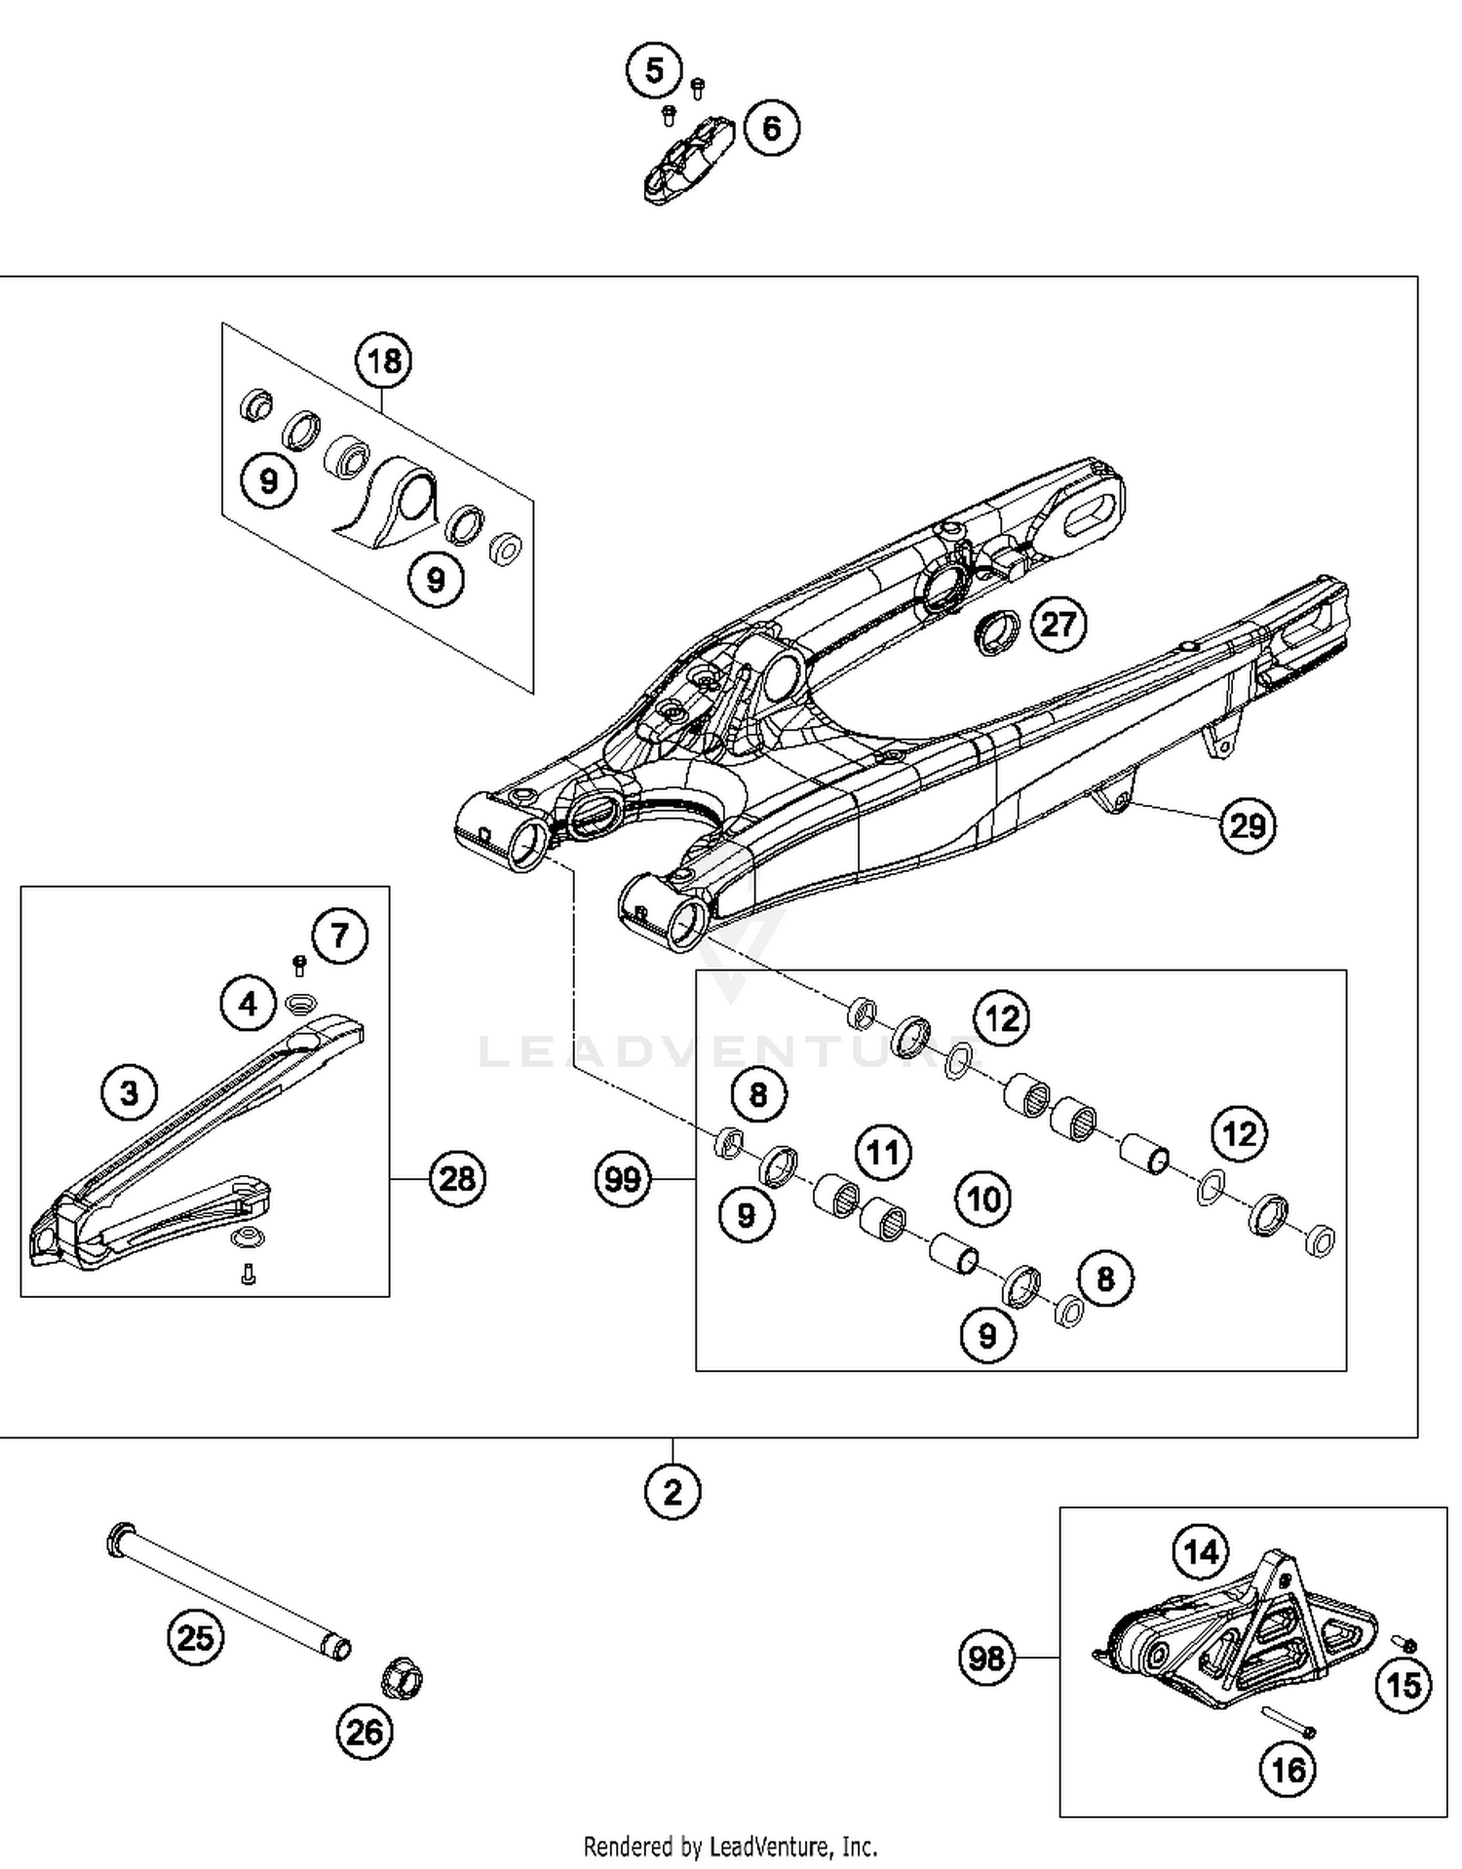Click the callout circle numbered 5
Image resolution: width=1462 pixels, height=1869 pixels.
654,70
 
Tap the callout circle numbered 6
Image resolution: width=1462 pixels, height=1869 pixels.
771,128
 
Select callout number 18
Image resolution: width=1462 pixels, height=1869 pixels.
383,362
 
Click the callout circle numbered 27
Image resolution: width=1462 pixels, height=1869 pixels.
1058,624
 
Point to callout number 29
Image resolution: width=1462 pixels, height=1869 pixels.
1248,825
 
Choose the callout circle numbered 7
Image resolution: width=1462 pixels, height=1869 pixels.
339,936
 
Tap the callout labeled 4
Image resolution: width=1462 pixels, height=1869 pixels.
249,1003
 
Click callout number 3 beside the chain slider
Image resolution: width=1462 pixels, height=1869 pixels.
130,1092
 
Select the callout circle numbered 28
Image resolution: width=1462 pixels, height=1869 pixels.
457,1179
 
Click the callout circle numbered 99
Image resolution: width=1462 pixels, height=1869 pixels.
623,1180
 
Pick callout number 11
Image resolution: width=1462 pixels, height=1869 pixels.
883,1153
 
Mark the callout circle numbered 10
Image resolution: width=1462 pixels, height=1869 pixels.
983,1199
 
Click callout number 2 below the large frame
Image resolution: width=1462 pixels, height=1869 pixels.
673,1491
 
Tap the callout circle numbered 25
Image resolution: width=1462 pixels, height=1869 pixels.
196,1637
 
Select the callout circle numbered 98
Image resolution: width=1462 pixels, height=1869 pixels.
987,1657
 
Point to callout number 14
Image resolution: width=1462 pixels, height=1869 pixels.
1201,1550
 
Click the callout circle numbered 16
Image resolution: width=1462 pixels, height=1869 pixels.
1289,1769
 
